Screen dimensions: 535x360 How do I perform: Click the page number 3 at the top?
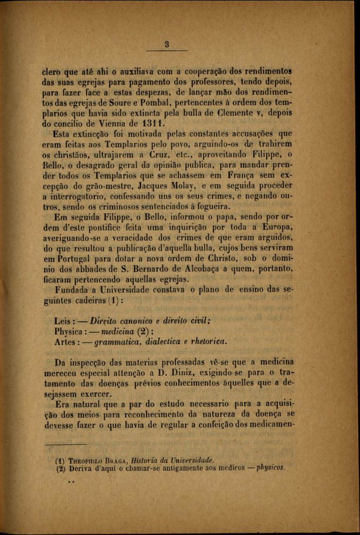coord(166,45)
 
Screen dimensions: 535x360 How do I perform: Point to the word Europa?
coord(276,228)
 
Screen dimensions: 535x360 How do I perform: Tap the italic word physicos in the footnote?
coord(270,468)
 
